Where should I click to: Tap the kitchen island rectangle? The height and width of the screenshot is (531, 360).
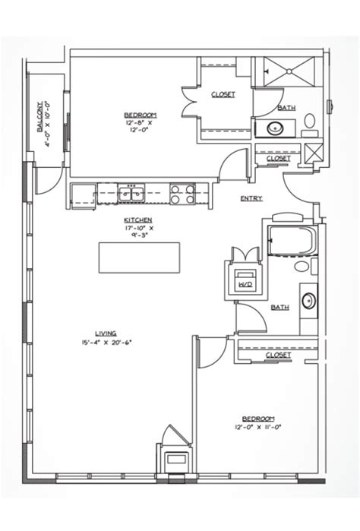click(x=139, y=258)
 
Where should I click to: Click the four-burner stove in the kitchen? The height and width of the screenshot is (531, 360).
click(x=183, y=194)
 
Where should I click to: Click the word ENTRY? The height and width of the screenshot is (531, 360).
click(x=251, y=199)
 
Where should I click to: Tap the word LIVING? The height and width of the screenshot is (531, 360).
click(x=106, y=332)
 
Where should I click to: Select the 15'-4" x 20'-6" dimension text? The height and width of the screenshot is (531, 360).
click(x=106, y=342)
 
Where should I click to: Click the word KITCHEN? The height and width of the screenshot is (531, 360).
click(x=139, y=220)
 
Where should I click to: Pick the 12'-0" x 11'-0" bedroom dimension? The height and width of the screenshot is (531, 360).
click(x=258, y=428)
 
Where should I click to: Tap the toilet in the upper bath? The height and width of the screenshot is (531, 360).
click(x=309, y=122)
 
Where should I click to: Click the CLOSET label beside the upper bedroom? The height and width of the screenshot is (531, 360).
click(x=223, y=94)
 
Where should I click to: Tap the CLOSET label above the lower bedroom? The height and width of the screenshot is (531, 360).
click(x=279, y=355)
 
